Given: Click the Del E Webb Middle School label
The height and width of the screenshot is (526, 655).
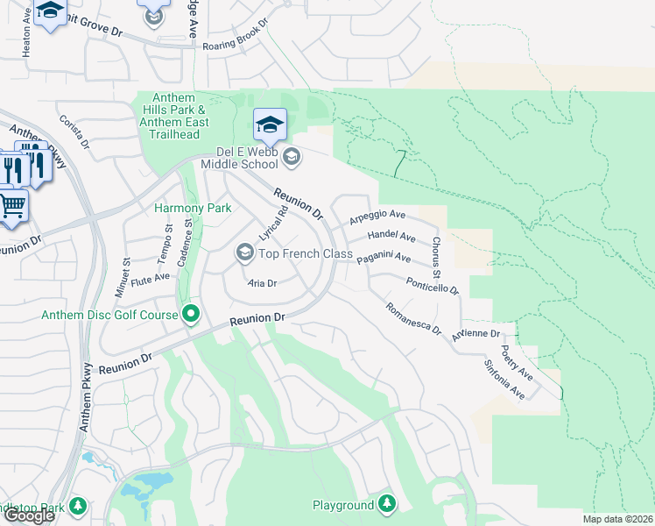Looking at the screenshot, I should tap(239, 156).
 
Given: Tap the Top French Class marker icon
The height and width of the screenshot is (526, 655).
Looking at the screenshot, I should tap(245, 254).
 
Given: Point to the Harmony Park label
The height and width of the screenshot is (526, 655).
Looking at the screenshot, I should tap(193, 208).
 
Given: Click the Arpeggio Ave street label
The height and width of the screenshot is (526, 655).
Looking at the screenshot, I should tap(377, 216).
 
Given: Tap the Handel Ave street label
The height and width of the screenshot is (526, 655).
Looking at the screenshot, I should tap(391, 236).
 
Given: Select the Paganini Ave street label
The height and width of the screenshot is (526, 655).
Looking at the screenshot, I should tap(384, 258).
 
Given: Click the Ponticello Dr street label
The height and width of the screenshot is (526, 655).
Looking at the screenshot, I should tap(432, 287).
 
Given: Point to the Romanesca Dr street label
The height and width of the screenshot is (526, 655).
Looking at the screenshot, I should tap(412, 317).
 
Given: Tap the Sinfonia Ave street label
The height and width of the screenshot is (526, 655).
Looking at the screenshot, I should tap(504, 379).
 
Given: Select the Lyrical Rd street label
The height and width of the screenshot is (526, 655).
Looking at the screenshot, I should tap(273, 224).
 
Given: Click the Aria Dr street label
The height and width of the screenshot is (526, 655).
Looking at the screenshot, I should tap(262, 283).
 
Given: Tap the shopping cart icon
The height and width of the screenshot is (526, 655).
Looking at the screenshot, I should tap(12, 206).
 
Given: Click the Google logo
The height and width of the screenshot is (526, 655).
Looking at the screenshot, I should tap(29, 515).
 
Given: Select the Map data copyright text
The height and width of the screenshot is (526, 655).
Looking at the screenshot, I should tap(616, 519).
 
